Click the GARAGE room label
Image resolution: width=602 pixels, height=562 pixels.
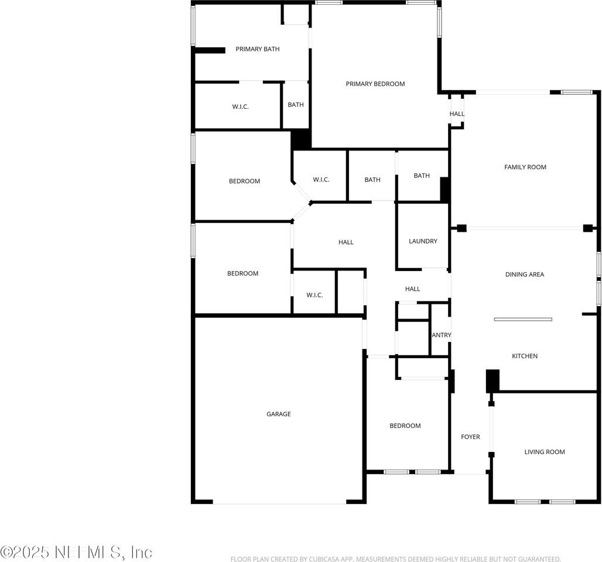point(279,414)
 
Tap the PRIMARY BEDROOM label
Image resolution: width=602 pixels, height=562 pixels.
point(375,84)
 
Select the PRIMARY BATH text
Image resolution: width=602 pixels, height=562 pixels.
point(257,49)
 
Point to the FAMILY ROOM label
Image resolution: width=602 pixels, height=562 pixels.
point(525,167)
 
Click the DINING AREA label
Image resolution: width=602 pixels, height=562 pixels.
point(525,274)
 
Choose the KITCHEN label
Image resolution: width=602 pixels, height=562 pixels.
point(525,356)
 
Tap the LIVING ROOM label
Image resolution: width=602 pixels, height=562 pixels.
point(545,452)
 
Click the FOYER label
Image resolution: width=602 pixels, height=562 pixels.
point(470,437)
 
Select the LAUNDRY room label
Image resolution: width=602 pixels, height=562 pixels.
point(423,241)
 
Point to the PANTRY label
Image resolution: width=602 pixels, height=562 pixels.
point(441,335)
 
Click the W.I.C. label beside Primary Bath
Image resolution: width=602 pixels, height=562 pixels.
point(240,107)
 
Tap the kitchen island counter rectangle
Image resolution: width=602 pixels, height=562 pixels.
point(523,319)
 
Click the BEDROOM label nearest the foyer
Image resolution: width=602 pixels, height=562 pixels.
point(405,426)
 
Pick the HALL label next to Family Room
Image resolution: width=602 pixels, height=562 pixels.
point(457,114)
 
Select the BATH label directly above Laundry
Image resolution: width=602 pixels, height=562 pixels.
point(422,176)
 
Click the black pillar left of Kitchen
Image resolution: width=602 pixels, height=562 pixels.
point(492,381)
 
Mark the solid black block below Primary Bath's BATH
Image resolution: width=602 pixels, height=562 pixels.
point(301,139)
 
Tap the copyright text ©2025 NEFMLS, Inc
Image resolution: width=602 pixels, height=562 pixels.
point(76,551)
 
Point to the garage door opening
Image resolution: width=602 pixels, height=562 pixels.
point(279,502)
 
